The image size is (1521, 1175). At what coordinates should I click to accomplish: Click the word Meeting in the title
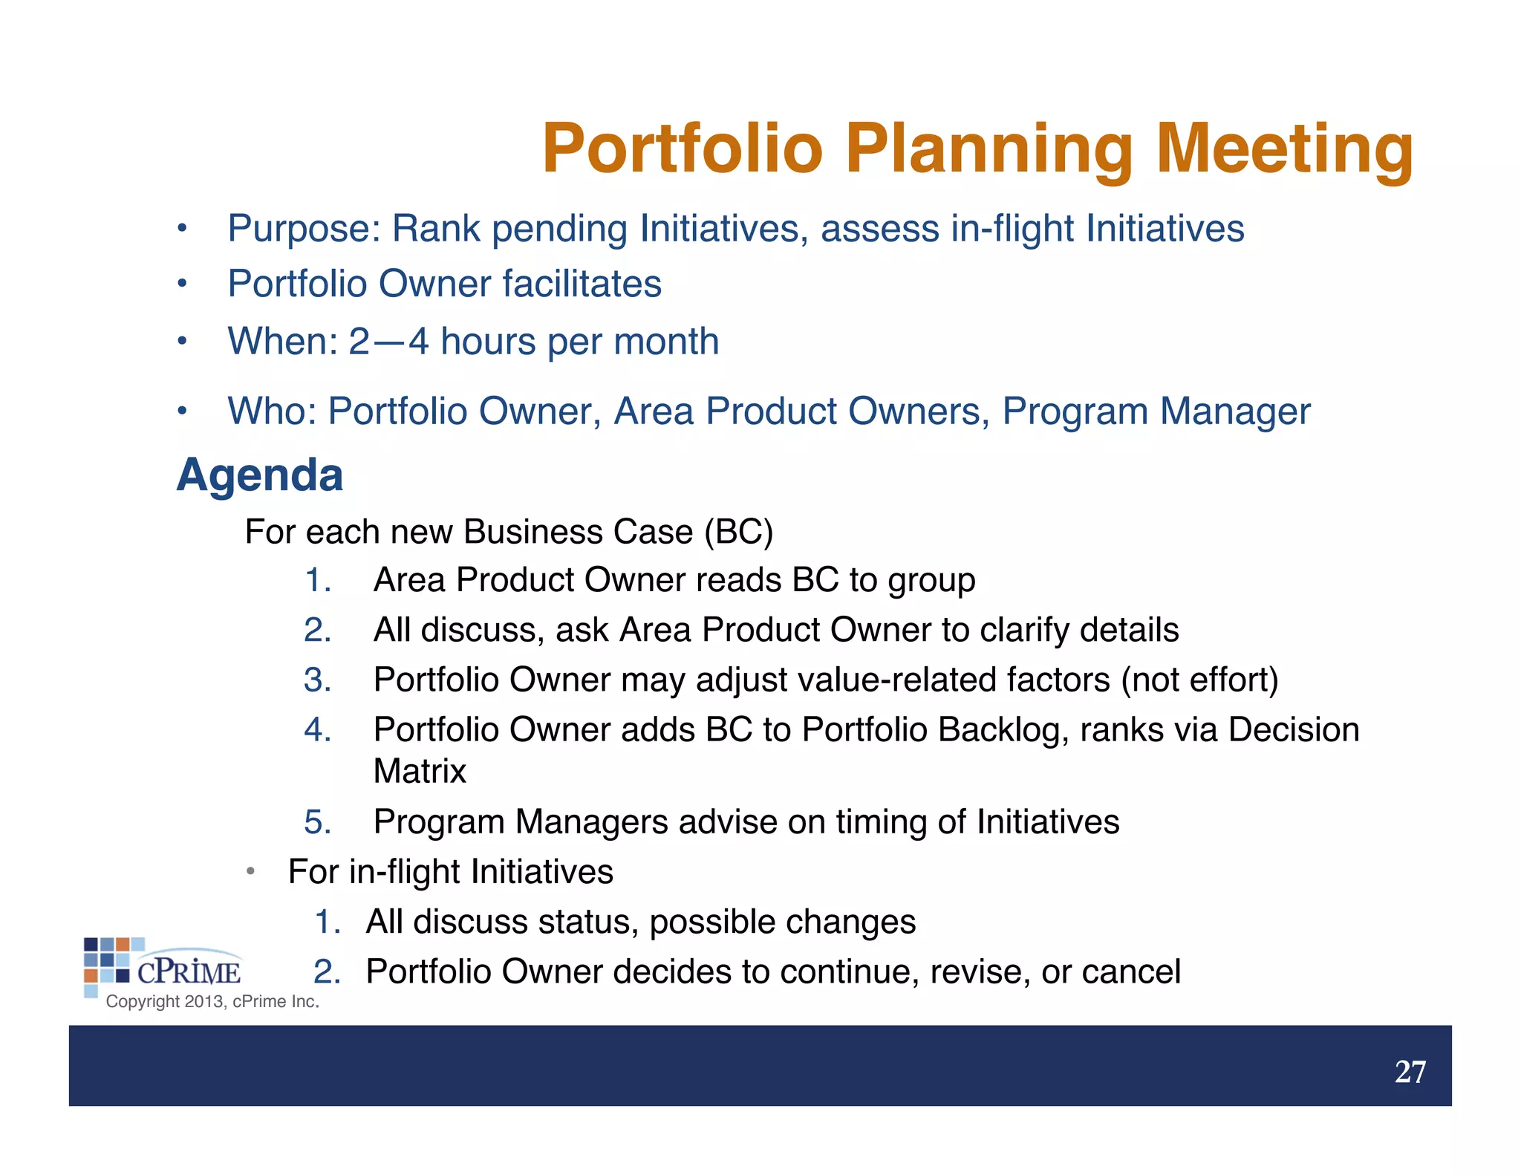1284,149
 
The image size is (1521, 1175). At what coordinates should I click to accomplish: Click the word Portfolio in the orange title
682,149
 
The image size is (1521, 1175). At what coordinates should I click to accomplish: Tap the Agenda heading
260,475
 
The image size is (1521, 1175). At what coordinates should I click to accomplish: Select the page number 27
1410,1072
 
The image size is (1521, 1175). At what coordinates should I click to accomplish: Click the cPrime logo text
189,971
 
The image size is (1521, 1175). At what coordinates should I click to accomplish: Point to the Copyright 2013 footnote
212,1001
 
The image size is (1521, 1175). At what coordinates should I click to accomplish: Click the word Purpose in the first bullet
303,229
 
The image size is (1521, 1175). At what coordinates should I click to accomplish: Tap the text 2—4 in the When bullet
388,342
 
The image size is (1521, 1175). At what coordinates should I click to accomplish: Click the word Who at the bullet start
272,411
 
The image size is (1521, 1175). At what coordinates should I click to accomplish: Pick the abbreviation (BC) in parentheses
738,532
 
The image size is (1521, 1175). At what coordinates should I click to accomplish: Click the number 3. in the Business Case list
317,680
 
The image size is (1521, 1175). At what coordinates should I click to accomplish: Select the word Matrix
420,771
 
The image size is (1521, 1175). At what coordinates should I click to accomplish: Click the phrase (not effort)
1199,680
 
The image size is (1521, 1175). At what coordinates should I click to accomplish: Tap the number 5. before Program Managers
317,822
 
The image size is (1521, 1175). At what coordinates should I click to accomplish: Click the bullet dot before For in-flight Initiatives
251,871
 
